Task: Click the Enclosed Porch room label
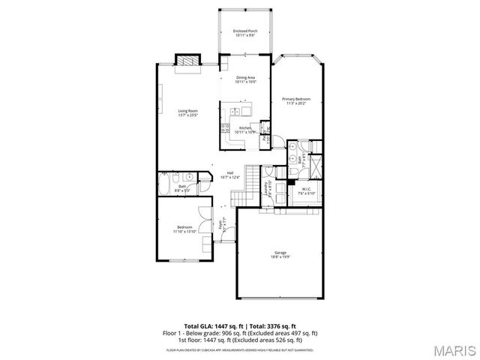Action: point(245,31)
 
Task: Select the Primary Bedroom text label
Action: point(296,99)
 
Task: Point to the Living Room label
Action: point(178,111)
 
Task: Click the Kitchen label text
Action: point(245,128)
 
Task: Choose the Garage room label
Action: point(280,254)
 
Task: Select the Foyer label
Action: point(221,223)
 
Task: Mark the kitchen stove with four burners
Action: point(224,128)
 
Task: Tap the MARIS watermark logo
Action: point(454,349)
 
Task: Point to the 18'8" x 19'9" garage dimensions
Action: point(280,258)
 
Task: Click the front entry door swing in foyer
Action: point(222,239)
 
